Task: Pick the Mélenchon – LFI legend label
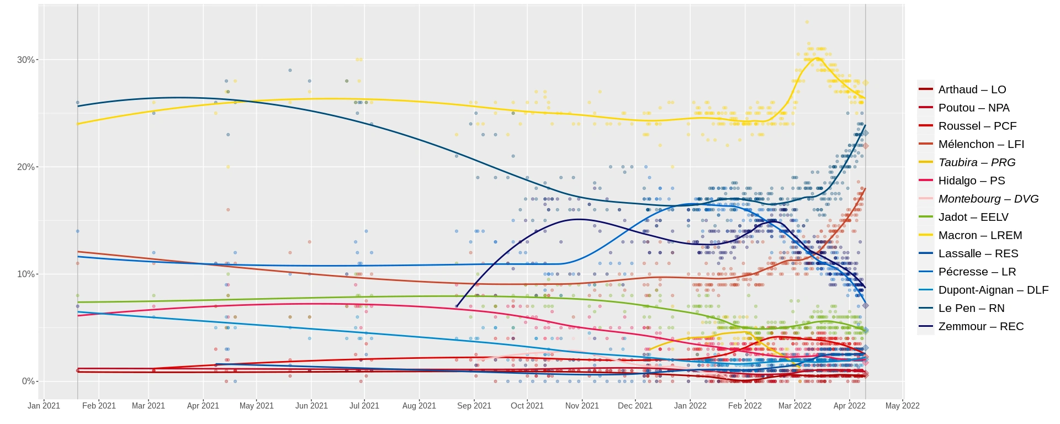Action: (x=981, y=144)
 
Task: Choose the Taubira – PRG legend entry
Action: (x=977, y=162)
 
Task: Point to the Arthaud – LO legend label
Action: (x=972, y=89)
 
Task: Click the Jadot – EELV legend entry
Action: (x=973, y=217)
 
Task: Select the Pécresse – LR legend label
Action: (x=977, y=272)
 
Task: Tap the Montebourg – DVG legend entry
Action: (x=988, y=199)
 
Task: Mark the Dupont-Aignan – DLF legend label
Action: (x=993, y=290)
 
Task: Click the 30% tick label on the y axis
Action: (x=25, y=60)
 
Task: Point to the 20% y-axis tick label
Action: (x=25, y=167)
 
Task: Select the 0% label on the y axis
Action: (x=28, y=381)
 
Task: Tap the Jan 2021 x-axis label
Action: (x=44, y=406)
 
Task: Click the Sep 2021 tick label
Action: (x=474, y=406)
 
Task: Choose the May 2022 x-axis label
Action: (x=902, y=406)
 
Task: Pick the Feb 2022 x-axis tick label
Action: (x=745, y=406)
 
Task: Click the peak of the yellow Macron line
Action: (x=817, y=58)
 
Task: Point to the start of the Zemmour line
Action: (x=456, y=306)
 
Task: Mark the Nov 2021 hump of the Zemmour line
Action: (x=579, y=219)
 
